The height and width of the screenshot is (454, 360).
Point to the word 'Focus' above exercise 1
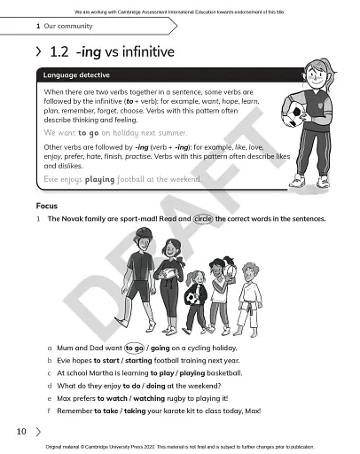tap(41, 205)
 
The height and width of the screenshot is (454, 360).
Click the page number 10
tap(20, 432)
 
